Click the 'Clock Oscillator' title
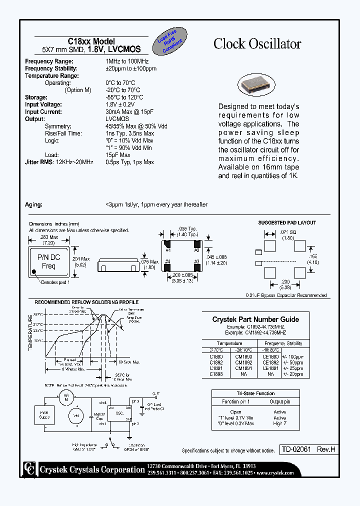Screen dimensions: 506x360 click(x=257, y=44)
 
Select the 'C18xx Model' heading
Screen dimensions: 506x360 click(x=91, y=41)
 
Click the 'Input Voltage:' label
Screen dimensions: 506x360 click(x=43, y=104)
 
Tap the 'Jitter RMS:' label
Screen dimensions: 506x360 click(x=39, y=162)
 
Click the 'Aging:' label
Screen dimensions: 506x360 click(x=33, y=205)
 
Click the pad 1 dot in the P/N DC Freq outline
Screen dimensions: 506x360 click(x=34, y=272)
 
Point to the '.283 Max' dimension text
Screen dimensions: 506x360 click(x=48, y=237)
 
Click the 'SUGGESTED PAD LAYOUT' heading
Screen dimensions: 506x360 click(x=287, y=222)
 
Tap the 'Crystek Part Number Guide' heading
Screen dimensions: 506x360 click(x=255, y=319)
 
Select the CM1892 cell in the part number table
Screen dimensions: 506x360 click(x=243, y=362)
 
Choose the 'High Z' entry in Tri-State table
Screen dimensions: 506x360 click(x=279, y=423)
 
